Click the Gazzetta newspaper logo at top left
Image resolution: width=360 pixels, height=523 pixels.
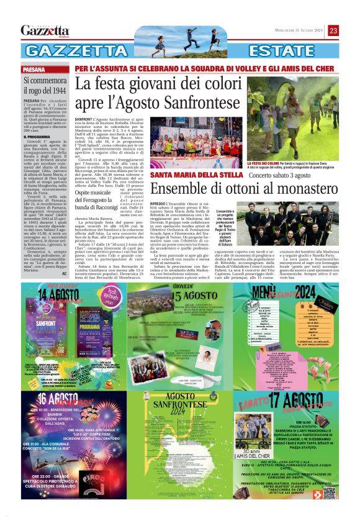[x=45, y=30]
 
